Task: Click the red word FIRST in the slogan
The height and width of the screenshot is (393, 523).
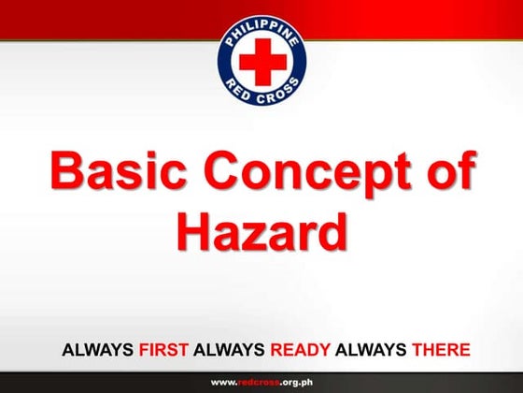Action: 163,351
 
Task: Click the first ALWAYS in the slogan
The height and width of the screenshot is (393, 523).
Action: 98,351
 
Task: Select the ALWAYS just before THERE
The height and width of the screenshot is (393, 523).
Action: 369,351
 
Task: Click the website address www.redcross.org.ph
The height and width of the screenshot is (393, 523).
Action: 261,382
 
